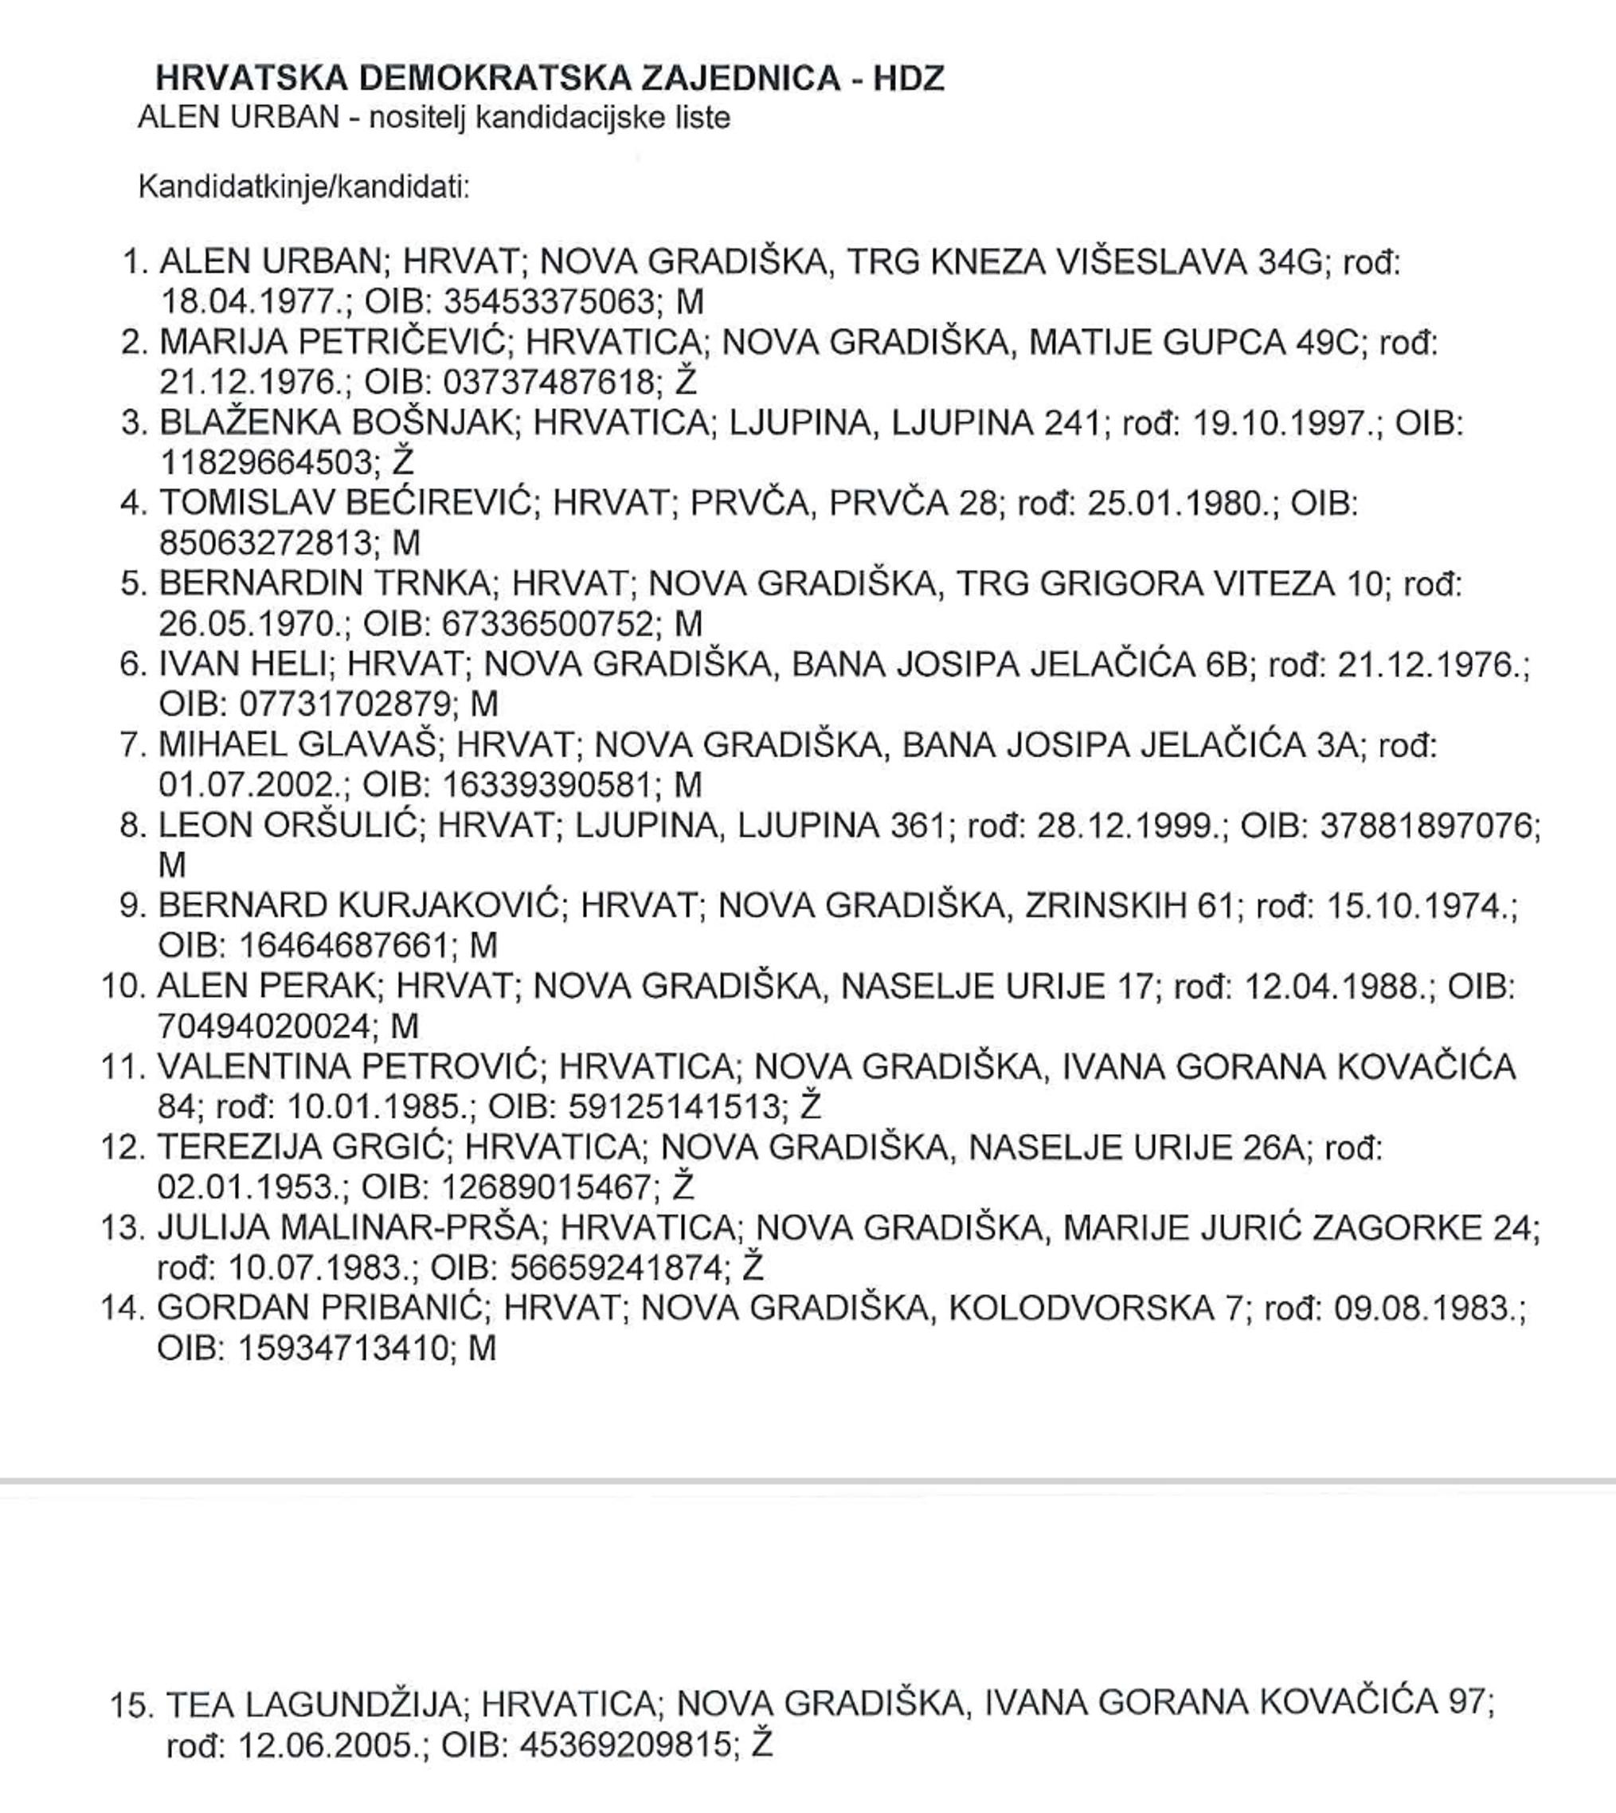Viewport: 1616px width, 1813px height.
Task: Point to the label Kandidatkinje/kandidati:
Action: [303, 187]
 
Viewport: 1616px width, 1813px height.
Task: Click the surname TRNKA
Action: [432, 583]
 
